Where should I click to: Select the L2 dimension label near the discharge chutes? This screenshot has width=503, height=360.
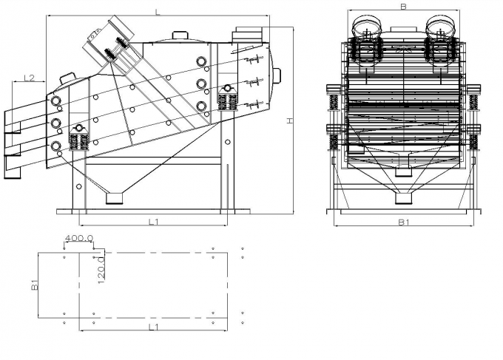(x=30, y=77)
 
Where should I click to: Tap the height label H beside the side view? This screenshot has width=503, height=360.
(x=291, y=120)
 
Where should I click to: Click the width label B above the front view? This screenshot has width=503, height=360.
(x=403, y=7)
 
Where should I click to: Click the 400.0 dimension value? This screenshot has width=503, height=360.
(x=78, y=239)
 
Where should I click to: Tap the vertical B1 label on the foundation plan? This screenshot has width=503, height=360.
(x=34, y=284)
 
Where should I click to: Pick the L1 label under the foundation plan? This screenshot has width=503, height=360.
(x=153, y=326)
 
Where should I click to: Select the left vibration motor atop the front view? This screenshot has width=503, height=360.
(x=365, y=28)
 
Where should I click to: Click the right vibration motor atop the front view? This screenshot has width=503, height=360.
(x=442, y=28)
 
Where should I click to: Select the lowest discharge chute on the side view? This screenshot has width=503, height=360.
(x=13, y=166)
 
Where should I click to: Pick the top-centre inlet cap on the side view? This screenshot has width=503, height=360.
(x=180, y=34)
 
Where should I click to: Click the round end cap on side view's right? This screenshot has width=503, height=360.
(x=278, y=73)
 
